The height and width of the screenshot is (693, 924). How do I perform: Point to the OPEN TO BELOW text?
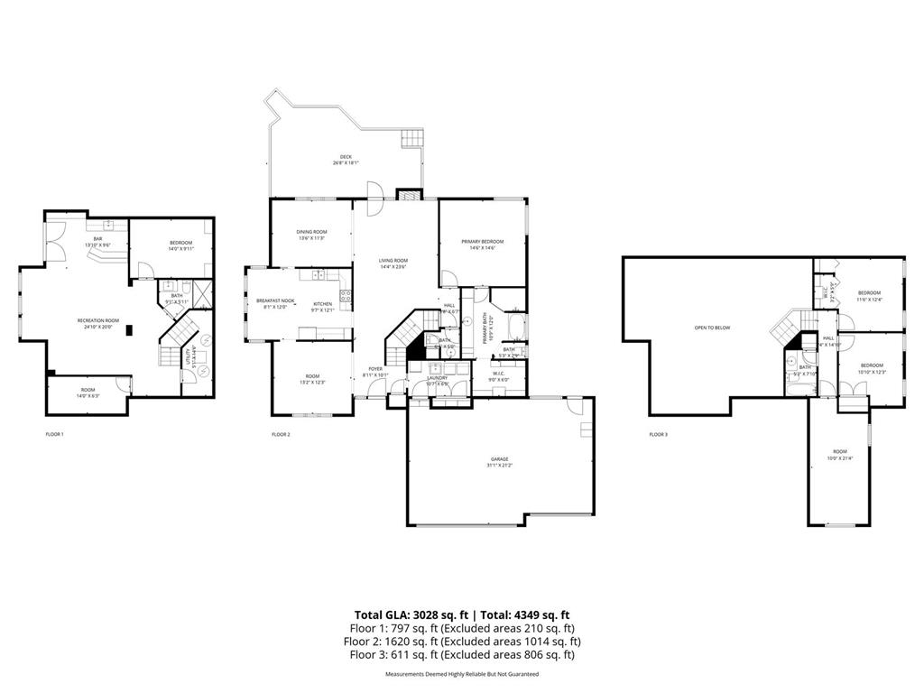tap(712, 328)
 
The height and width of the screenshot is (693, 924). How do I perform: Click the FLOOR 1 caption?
tap(55, 435)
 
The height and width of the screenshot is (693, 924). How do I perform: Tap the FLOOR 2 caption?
tap(281, 435)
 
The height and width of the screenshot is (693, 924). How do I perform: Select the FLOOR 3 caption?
tap(659, 435)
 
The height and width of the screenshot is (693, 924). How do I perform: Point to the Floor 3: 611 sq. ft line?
tap(462, 655)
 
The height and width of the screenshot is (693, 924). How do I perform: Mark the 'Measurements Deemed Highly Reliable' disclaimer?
tap(462, 674)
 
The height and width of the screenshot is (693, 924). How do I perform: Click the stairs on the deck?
tap(411, 139)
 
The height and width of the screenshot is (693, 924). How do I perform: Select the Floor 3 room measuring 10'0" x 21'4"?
tap(840, 455)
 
